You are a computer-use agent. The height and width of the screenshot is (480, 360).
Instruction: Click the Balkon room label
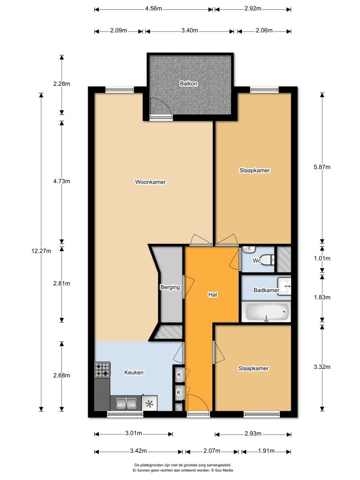coord(188,83)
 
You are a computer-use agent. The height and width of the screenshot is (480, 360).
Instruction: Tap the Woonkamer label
coord(150,182)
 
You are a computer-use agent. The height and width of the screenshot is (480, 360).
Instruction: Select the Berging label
coord(170,287)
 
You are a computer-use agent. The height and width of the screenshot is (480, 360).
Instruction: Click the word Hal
coord(212,294)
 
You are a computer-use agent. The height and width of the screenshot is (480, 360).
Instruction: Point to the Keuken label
coord(134,372)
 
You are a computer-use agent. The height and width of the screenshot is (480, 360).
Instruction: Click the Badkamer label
coord(266,290)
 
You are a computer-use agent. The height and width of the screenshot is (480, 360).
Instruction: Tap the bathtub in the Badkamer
coord(267,312)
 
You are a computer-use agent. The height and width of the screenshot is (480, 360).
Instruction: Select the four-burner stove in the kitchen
coord(102,369)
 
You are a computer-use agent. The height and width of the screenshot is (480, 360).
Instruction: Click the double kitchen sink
coord(126,404)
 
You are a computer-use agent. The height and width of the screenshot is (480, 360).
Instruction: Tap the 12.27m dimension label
coord(41,251)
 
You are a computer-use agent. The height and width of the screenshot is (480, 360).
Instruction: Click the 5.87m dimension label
coord(322,167)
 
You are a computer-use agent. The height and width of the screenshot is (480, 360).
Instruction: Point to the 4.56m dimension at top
coord(153,8)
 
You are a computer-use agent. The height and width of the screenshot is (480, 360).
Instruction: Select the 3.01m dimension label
coord(134,433)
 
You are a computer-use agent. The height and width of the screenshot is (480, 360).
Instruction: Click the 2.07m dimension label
coord(212,450)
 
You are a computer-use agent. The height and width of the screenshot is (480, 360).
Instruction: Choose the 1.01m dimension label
coord(322,258)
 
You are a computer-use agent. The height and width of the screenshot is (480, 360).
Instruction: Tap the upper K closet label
coord(179,375)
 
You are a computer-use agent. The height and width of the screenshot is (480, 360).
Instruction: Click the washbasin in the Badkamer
coord(285,286)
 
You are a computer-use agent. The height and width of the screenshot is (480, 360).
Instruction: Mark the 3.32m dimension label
coord(322,367)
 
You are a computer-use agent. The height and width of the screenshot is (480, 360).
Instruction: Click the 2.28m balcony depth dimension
coord(61,83)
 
